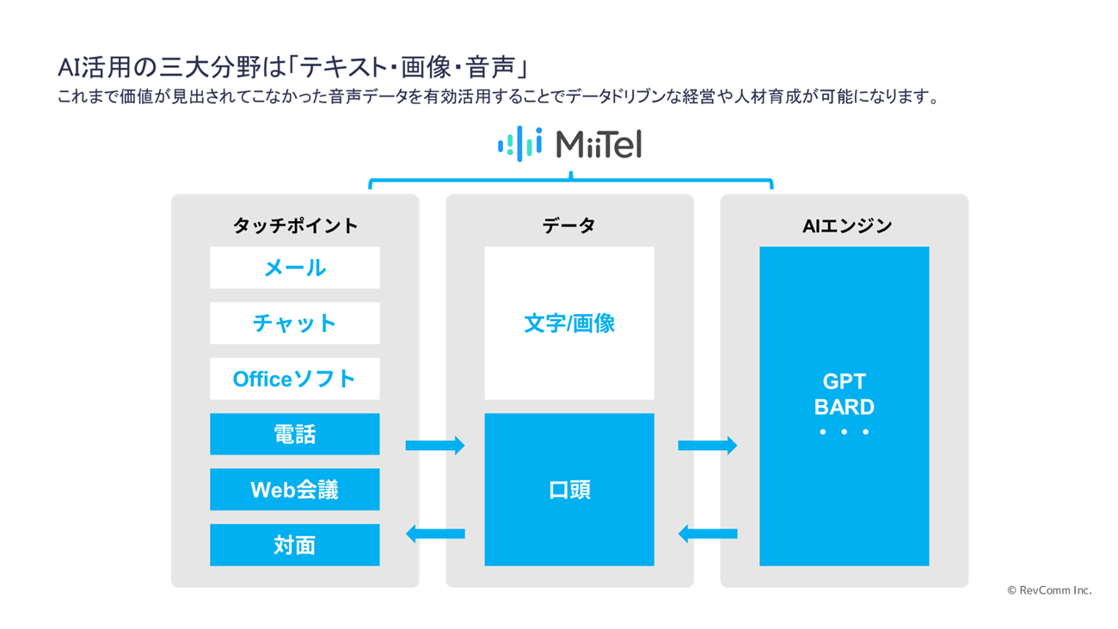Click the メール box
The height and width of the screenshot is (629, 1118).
pos(294,268)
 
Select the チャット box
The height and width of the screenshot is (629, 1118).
pos(294,323)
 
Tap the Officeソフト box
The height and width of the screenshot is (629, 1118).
pos(294,379)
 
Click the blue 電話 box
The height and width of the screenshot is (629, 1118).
pos(294,434)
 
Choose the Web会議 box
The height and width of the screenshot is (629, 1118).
pos(294,490)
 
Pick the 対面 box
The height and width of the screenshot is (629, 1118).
pos(294,545)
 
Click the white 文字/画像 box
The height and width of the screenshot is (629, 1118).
pos(569,323)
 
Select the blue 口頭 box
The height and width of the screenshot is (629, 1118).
pos(569,490)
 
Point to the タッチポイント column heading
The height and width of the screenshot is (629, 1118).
pos(296,225)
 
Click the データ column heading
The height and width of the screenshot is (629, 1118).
pos(569,225)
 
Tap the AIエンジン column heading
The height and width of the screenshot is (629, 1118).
pos(847,226)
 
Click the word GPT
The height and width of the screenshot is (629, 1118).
pos(844,382)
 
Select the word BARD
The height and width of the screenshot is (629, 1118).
pos(844,407)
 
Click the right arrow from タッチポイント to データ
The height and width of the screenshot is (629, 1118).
pos(434,446)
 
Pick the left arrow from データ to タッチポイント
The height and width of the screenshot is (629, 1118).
pos(434,533)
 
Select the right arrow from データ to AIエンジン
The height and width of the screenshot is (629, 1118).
pos(707,446)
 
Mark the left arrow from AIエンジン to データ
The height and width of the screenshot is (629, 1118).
pos(707,533)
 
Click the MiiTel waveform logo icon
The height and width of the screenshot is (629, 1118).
pos(519,144)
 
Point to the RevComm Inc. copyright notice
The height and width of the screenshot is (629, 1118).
pos(1049,590)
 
